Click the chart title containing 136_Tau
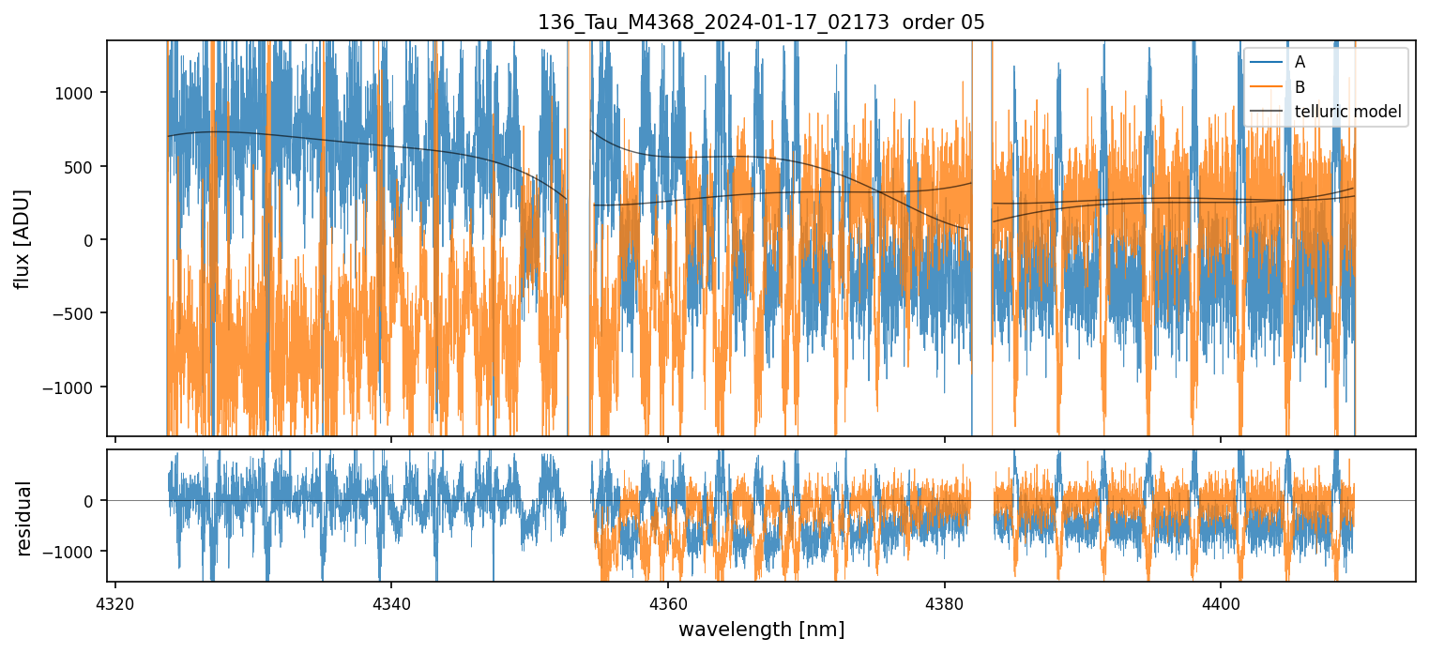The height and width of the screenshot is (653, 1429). click(761, 23)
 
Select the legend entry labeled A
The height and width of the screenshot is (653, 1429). click(1300, 63)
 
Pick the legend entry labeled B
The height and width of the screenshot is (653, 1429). click(1300, 87)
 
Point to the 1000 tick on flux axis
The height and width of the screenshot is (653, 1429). click(82, 93)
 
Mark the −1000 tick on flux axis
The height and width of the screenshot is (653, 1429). click(78, 387)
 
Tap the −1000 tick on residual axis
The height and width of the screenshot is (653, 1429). click(78, 551)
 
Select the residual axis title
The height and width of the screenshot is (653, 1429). click(23, 518)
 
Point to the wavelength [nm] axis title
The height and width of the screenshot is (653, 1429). click(761, 629)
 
